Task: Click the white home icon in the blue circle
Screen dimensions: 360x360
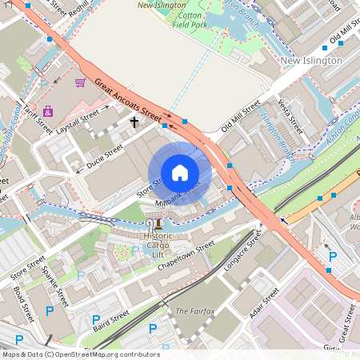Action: [x=180, y=173]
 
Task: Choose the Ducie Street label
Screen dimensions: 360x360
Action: [x=105, y=158]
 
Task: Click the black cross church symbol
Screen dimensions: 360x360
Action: [x=134, y=122]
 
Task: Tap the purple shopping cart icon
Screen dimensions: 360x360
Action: [x=80, y=82]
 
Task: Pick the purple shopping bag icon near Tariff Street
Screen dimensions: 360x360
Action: [x=48, y=110]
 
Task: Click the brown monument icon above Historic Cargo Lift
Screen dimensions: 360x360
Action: [x=158, y=223]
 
